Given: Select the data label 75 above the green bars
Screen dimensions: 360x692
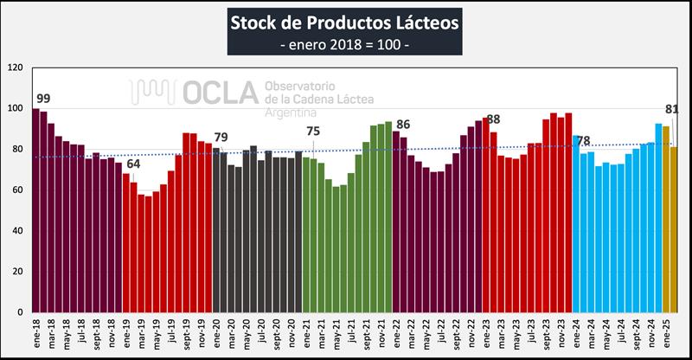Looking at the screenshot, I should point(313,132).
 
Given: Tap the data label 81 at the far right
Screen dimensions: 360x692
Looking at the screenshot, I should point(671,109).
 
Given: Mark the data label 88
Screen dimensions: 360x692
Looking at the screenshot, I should point(494,119).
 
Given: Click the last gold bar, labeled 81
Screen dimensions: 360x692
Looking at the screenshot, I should point(674,229).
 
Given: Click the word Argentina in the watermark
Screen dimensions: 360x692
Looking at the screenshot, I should point(291,114).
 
